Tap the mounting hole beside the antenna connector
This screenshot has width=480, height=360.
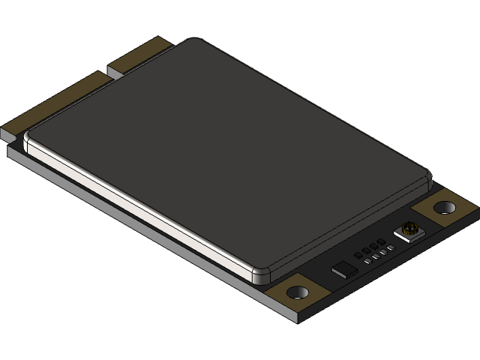(x=444, y=206)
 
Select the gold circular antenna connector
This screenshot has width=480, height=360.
(x=409, y=229)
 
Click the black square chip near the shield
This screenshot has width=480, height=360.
(x=345, y=268)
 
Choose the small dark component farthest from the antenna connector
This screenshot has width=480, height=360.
(x=358, y=254)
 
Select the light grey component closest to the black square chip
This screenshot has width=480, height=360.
(x=368, y=261)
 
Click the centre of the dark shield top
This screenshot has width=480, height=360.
(x=225, y=150)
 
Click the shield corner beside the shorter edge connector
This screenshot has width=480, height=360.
(x=193, y=41)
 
